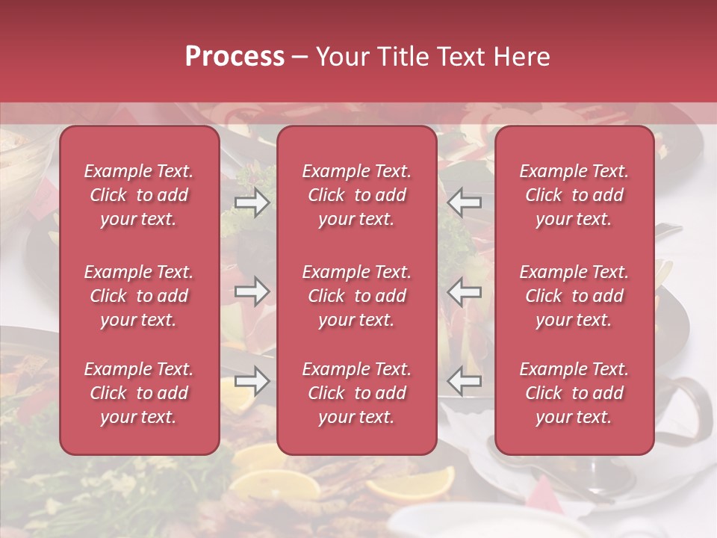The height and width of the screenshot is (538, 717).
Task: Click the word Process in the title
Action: pyautogui.click(x=235, y=57)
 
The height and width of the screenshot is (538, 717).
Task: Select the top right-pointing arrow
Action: pyautogui.click(x=252, y=202)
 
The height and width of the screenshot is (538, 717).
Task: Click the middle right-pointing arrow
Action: pyautogui.click(x=252, y=291)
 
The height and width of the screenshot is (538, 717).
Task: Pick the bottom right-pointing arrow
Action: pyautogui.click(x=252, y=380)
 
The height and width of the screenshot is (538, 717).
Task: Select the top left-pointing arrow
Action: pyautogui.click(x=465, y=202)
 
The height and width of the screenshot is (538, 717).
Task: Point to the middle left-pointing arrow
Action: pyautogui.click(x=465, y=291)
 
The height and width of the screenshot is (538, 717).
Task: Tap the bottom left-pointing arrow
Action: pyautogui.click(x=465, y=380)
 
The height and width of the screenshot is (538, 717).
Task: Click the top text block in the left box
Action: pyautogui.click(x=139, y=195)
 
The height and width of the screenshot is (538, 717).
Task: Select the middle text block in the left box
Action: pyautogui.click(x=139, y=296)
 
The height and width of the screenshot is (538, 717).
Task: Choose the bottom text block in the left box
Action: pyautogui.click(x=139, y=393)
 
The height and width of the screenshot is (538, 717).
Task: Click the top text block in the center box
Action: pyautogui.click(x=357, y=195)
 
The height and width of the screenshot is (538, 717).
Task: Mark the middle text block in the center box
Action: pyautogui.click(x=357, y=296)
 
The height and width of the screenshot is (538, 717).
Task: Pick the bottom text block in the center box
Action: pyautogui.click(x=357, y=393)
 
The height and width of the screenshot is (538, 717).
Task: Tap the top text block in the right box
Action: pyautogui.click(x=574, y=195)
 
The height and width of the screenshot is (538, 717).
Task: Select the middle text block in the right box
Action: pyautogui.click(x=574, y=296)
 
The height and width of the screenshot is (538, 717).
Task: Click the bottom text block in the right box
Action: pyautogui.click(x=574, y=393)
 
